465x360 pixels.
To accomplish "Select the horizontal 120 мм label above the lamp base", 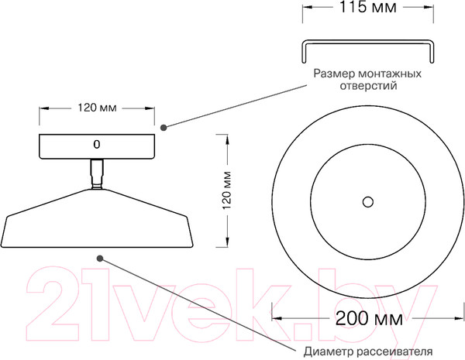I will point(97,108).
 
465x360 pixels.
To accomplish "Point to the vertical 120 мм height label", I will point(227,188).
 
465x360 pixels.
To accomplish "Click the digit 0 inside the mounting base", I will point(97,145).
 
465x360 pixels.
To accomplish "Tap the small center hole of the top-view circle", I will point(368,201).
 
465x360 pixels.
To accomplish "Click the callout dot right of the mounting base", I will point(163,127).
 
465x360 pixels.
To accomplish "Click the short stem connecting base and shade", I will point(97,173).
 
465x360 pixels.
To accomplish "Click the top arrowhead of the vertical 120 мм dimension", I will point(227,138).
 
